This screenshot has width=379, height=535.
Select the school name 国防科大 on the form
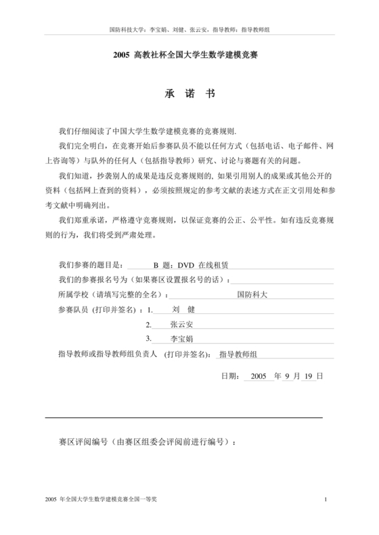[x=252, y=294]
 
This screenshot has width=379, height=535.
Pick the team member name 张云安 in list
[x=182, y=324]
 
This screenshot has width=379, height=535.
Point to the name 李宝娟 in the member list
[x=182, y=339]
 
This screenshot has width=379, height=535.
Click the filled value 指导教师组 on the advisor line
[x=243, y=354]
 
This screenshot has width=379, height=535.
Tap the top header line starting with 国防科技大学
[x=189, y=30]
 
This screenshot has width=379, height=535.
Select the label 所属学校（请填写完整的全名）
[x=114, y=294]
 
